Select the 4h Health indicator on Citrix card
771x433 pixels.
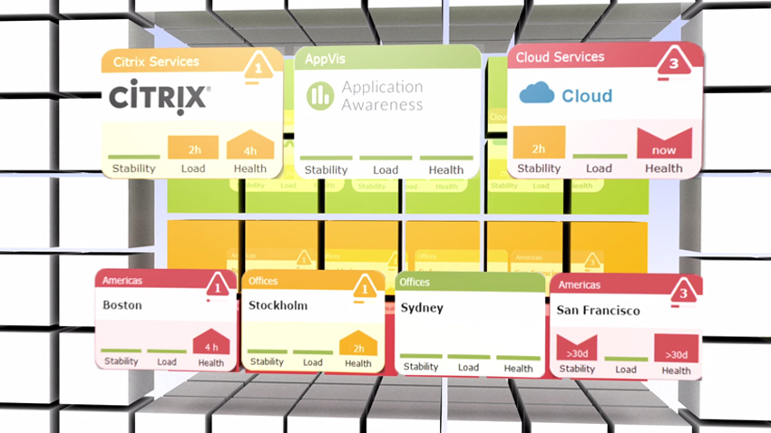[x=249, y=147]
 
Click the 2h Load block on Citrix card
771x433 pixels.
[x=192, y=147]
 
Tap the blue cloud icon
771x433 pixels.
[x=536, y=93]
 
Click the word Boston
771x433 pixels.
[x=122, y=305]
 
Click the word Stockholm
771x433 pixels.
[x=278, y=305]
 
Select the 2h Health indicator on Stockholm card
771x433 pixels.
[x=357, y=346]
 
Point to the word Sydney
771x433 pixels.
[x=422, y=308]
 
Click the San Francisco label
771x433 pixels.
[x=598, y=311]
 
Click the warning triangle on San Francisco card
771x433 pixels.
[x=683, y=293]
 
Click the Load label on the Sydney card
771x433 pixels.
[x=468, y=368]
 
